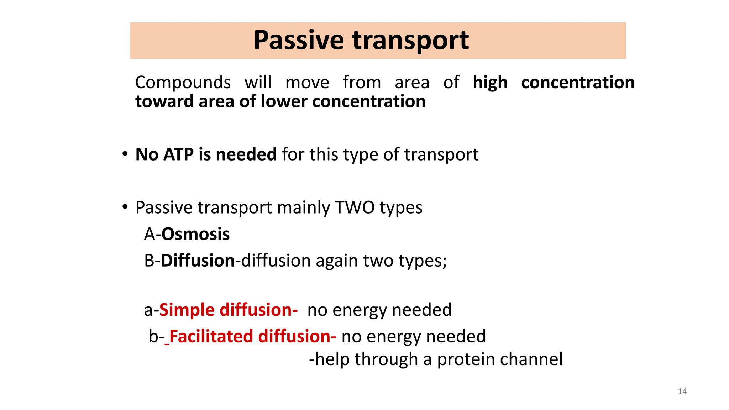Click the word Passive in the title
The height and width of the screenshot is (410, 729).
tap(298, 40)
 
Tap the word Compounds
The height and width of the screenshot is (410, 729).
tap(183, 83)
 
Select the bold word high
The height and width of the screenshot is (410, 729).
tap(490, 83)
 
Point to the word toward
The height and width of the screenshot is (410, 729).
tap(164, 101)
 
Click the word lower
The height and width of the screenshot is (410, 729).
tap(284, 101)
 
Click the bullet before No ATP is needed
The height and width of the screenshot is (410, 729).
tap(125, 154)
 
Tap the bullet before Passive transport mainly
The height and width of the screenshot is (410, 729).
tap(125, 207)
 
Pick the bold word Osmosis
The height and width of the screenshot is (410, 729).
tap(195, 234)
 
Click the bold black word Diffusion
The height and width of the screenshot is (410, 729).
tap(198, 261)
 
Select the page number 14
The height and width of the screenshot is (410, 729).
tap(682, 391)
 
